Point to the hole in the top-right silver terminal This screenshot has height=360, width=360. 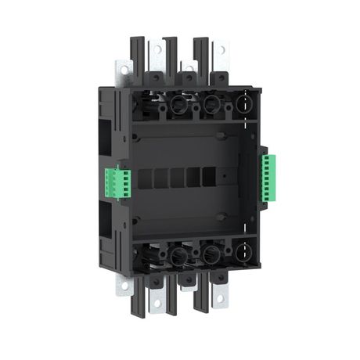222,49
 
